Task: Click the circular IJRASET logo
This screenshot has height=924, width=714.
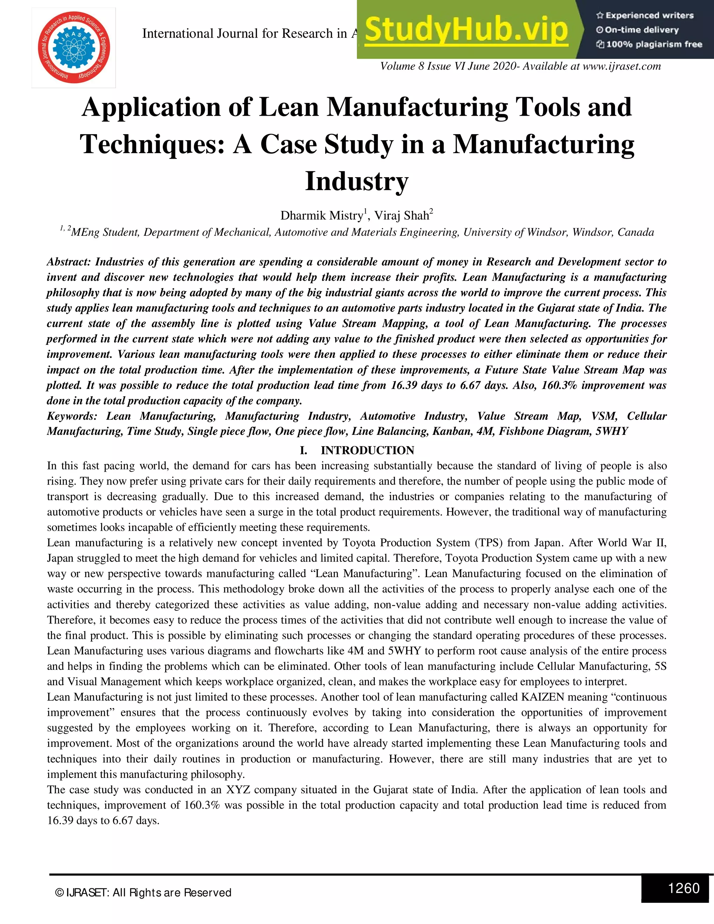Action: (x=74, y=47)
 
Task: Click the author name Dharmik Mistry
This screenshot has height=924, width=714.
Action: (x=321, y=216)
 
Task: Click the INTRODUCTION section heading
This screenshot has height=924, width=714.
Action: (x=367, y=450)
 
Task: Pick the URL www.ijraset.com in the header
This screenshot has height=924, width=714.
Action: (x=621, y=66)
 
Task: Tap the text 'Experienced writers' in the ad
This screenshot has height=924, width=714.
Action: (x=649, y=16)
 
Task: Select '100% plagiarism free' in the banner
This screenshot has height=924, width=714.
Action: (x=654, y=44)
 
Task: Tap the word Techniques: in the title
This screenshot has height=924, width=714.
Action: (x=152, y=144)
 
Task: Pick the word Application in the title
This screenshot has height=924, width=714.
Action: (x=151, y=107)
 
